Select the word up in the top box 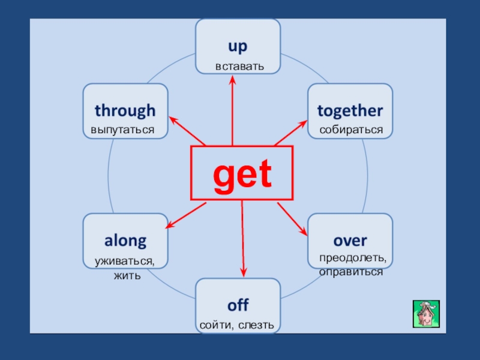[x=238, y=47]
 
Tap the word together [x=350, y=111]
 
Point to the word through [x=125, y=111]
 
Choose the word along [x=125, y=241]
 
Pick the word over [x=350, y=241]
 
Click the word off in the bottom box [x=238, y=305]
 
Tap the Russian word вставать [x=239, y=67]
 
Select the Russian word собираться [x=351, y=130]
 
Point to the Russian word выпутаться [x=122, y=130]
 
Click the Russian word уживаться [x=125, y=262]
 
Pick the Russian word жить [x=127, y=276]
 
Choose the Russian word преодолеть [x=353, y=258]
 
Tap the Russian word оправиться [x=351, y=272]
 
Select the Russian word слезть [x=256, y=325]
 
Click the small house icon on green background [x=426, y=314]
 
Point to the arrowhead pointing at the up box [x=232, y=80]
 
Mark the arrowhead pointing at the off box [x=244, y=272]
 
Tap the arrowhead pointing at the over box [x=304, y=232]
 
